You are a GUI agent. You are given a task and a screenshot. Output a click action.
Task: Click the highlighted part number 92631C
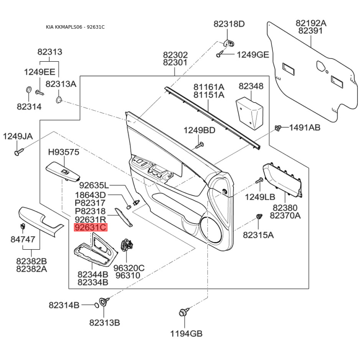pos(90,228)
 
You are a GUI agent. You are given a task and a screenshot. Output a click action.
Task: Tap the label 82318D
pos(229,24)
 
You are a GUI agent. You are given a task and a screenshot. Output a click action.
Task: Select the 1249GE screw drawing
pos(219,54)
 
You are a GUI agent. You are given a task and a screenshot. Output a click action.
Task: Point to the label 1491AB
pos(305,127)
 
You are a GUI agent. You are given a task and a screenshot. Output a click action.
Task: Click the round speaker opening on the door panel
pos(211,230)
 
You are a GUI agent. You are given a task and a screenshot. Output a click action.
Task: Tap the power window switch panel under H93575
pos(63,172)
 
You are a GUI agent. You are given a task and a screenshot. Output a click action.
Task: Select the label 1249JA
pos(18,136)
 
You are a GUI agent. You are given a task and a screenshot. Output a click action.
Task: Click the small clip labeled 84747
pos(23,226)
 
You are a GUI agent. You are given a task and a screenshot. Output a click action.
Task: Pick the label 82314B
pos(64,305)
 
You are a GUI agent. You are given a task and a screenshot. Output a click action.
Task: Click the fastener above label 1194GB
pos(184,312)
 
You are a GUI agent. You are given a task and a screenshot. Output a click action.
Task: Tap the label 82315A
pos(258,235)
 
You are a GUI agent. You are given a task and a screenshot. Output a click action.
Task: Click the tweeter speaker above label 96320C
pos(127,245)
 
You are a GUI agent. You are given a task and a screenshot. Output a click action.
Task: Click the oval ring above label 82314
pos(28,90)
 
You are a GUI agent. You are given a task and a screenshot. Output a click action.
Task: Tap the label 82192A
pos(311,23)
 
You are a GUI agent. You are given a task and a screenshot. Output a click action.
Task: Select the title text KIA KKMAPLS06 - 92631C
pos(75,27)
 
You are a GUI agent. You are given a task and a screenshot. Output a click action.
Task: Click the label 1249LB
pos(260,197)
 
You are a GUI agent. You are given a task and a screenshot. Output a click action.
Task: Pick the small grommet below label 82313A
pos(59,100)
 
